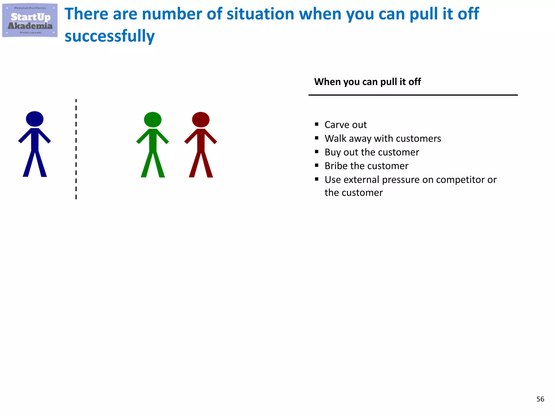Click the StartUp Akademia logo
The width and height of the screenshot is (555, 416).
pyautogui.click(x=30, y=20)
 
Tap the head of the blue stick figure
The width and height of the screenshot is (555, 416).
pyautogui.click(x=35, y=119)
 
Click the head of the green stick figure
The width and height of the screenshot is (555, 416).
pyautogui.click(x=153, y=119)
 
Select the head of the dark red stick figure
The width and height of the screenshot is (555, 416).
pyautogui.click(x=201, y=119)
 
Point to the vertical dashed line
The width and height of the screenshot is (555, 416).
pyautogui.click(x=76, y=149)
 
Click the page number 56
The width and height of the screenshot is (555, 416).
pyautogui.click(x=540, y=399)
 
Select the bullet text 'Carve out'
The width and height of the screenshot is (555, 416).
pyautogui.click(x=346, y=125)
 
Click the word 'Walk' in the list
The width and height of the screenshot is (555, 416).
pyautogui.click(x=335, y=139)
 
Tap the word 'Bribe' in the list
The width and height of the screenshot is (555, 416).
pyautogui.click(x=336, y=166)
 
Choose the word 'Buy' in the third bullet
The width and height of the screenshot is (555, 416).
pyautogui.click(x=333, y=152)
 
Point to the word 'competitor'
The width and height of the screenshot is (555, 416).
pyautogui.click(x=460, y=180)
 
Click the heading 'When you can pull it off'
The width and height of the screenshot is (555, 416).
pyautogui.click(x=367, y=82)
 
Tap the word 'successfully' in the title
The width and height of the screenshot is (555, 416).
pyautogui.click(x=109, y=36)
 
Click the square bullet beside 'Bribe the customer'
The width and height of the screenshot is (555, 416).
pyautogui.click(x=317, y=165)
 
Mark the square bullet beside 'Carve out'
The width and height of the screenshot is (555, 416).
pyautogui.click(x=317, y=124)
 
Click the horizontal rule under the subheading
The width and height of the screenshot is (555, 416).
pyautogui.click(x=413, y=95)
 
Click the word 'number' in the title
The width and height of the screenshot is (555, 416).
pyautogui.click(x=172, y=14)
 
